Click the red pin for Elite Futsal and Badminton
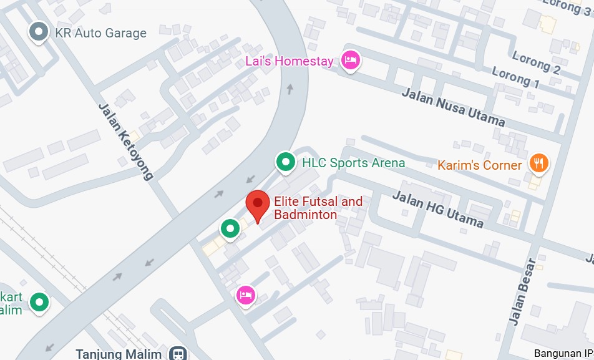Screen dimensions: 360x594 [257, 204]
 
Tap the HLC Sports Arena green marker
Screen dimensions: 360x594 [286, 162]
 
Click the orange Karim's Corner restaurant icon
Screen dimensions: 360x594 [538, 163]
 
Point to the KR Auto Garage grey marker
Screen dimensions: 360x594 [39, 32]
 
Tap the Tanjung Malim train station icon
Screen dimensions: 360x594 [178, 354]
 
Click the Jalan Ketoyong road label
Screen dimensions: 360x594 [125, 141]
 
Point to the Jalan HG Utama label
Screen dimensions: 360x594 [437, 209]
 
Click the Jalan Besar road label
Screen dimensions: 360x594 [522, 291]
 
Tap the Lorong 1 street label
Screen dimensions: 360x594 [515, 77]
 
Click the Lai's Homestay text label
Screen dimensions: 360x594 [290, 61]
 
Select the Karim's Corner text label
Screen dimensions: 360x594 [479, 165]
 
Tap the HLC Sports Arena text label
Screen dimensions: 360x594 [353, 163]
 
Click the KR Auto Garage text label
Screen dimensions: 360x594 [100, 33]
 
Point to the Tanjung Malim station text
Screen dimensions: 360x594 [119, 354]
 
